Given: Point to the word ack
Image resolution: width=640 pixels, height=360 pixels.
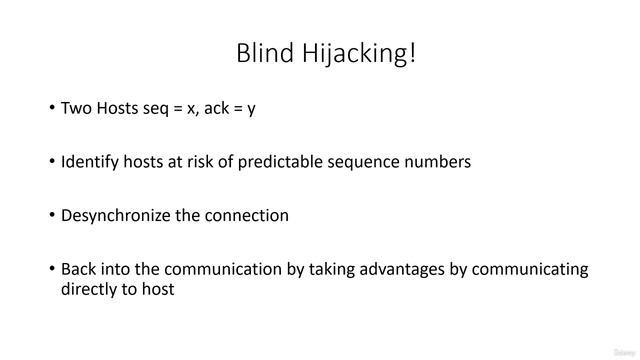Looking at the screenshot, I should (x=219, y=108).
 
